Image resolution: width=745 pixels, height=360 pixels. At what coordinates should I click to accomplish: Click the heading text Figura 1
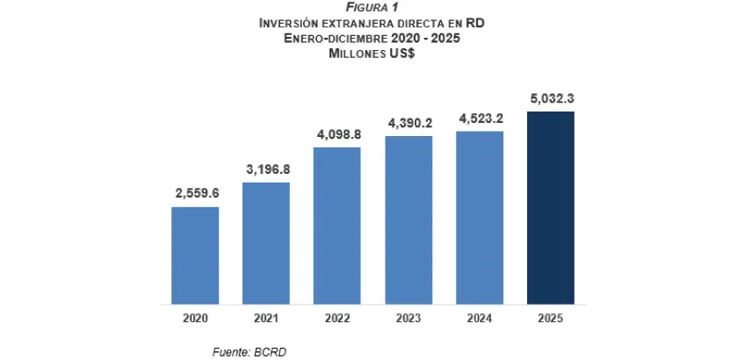372,8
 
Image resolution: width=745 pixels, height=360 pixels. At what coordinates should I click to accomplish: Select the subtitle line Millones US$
372,53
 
